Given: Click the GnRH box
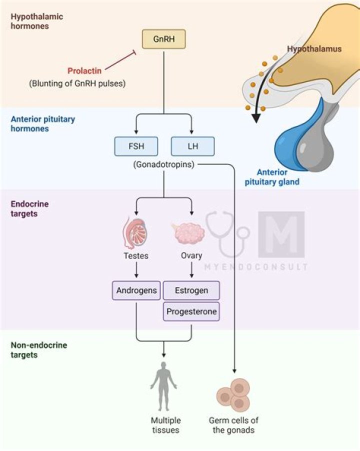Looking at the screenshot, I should pos(163,39).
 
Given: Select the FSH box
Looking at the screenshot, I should pos(136,146).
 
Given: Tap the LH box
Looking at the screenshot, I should pos(192,146).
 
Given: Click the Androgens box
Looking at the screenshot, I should pos(136,290).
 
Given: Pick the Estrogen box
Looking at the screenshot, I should pos(191,290).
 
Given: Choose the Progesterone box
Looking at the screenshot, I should pos(191,311).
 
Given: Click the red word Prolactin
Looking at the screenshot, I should pos(84,71).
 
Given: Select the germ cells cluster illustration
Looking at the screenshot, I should pos(233,395).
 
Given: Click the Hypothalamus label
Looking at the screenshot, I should pos(314,49).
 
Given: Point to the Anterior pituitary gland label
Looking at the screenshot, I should pos(272,177).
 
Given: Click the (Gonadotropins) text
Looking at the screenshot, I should pos(163,164).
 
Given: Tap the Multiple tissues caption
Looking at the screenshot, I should pos(165,425).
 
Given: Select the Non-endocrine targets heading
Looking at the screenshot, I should pos(31,350).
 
